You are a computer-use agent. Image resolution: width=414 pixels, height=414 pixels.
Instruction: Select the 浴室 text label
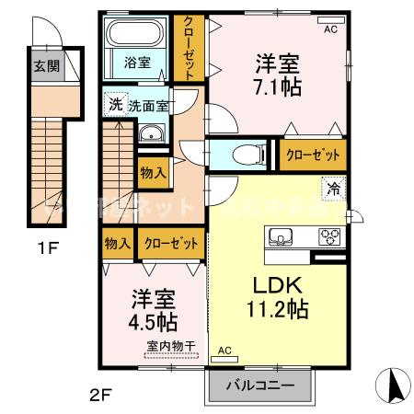click(137, 65)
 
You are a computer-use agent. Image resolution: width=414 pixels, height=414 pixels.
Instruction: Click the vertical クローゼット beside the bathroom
click(189, 49)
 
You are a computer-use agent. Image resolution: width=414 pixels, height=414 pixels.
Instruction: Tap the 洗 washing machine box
click(115, 104)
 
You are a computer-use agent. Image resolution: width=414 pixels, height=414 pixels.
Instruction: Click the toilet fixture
click(242, 155)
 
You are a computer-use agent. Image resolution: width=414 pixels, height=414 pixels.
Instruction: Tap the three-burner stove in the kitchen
click(328, 238)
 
